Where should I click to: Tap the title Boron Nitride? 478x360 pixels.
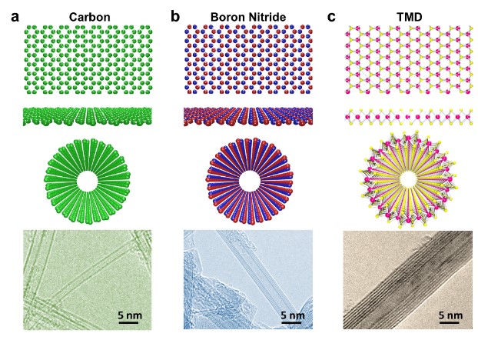(248, 16)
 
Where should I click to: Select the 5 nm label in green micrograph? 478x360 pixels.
(130, 314)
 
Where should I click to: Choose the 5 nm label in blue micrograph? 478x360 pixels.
(291, 315)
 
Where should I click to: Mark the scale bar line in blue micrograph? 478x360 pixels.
(291, 324)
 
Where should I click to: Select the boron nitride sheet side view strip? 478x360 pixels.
(248, 116)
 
